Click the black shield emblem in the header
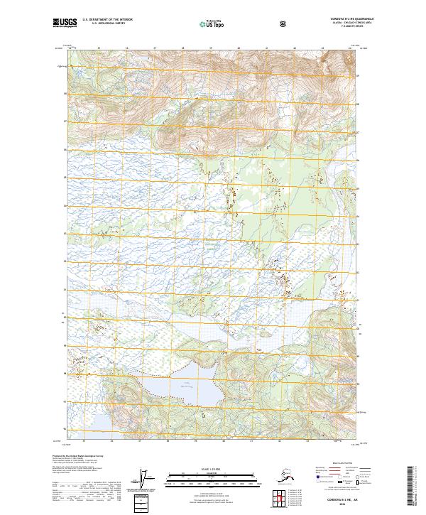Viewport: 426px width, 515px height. (284, 24)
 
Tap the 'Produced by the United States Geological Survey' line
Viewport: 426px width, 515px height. (78, 455)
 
